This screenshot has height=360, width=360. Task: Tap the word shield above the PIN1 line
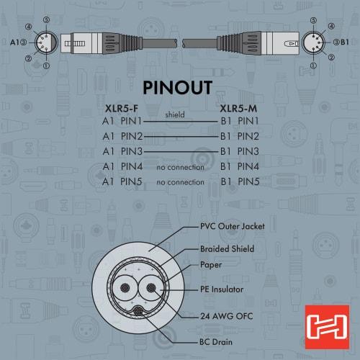[x=176, y=114]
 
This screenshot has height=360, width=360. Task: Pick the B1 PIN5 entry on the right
[x=240, y=182]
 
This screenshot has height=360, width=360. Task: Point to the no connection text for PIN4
[x=180, y=167]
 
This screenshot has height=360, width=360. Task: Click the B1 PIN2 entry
[x=240, y=136]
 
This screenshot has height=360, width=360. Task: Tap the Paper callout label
[x=211, y=264]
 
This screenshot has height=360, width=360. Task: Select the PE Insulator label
[x=222, y=289]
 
